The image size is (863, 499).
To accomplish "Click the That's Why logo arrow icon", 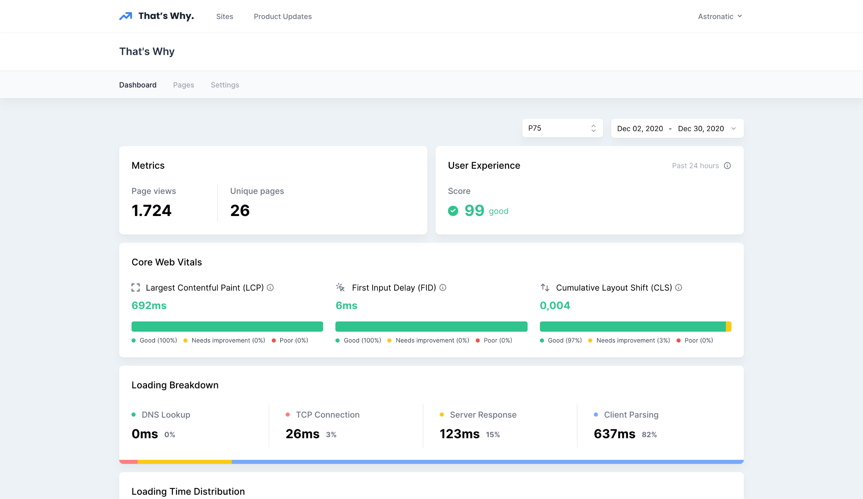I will point(125,16).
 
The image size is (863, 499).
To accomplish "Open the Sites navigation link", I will point(225,16).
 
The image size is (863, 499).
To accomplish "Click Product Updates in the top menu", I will point(283,16).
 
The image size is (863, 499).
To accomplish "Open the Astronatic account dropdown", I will point(720,16).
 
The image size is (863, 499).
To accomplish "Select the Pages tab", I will point(184,85).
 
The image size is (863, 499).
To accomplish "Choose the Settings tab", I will point(225,85).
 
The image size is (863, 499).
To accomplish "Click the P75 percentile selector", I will point(562,128).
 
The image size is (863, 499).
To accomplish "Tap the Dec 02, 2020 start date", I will point(640,129).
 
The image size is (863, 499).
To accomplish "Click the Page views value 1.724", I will point(151,211).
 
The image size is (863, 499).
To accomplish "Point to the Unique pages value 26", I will point(240,211).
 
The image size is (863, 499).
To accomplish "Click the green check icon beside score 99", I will point(453,211).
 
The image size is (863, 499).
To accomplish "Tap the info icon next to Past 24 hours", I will point(727,166).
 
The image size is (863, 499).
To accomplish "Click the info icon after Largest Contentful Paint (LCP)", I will point(270,288).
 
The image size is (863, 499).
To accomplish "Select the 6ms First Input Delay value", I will point(346,305).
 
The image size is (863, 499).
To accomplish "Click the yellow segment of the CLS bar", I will point(728,327).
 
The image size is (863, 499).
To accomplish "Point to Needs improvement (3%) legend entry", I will point(633,340).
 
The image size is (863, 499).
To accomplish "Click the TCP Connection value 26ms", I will point(302,434).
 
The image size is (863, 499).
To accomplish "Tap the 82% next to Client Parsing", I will point(649,435).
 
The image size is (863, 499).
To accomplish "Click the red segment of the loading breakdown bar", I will point(128,462).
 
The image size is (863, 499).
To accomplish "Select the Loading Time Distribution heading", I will point(188,491).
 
